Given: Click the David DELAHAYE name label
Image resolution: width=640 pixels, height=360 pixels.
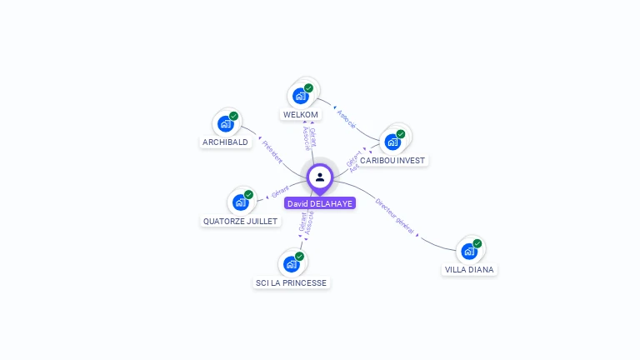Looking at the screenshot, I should pos(319,203).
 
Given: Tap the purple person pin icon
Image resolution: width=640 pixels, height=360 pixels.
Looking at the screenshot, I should pos(320,177).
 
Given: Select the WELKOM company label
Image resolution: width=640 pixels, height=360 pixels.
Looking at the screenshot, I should pos(301,114).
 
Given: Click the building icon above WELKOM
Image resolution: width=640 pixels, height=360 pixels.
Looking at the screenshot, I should pos(300,96).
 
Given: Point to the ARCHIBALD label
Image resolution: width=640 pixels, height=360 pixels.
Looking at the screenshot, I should pos(225,142).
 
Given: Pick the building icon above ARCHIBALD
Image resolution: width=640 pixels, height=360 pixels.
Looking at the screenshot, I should pos(225,124).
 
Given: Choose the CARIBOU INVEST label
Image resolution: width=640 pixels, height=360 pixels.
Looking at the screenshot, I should pos(392,160).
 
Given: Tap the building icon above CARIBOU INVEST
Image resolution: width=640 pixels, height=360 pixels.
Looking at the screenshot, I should pos(392,142).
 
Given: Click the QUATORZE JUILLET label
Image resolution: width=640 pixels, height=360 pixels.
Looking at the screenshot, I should pos(241,222).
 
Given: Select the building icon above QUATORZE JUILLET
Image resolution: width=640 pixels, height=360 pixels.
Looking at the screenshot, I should pos(240,202).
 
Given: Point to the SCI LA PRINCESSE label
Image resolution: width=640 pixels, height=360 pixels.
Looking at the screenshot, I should pos(291,282).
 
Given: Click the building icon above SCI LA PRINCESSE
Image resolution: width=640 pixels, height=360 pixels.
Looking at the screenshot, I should pos(291,264).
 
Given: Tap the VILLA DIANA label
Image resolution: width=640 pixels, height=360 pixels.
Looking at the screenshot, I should pos(469,269).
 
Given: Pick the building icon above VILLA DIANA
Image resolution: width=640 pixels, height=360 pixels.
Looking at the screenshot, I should pos(469,251).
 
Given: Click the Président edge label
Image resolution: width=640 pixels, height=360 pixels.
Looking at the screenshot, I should pos(272,151).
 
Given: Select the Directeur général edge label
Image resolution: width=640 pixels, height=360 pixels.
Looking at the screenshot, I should pos(394,217).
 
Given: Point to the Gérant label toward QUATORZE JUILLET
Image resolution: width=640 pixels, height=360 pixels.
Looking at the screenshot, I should pos(280,192).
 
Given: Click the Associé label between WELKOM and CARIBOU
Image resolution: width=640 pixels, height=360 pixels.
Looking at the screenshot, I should pos(347,117).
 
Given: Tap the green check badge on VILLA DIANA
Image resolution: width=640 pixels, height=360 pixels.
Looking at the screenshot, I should pos(477,243).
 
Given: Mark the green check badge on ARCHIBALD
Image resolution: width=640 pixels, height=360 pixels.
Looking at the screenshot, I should pos(233,117).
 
